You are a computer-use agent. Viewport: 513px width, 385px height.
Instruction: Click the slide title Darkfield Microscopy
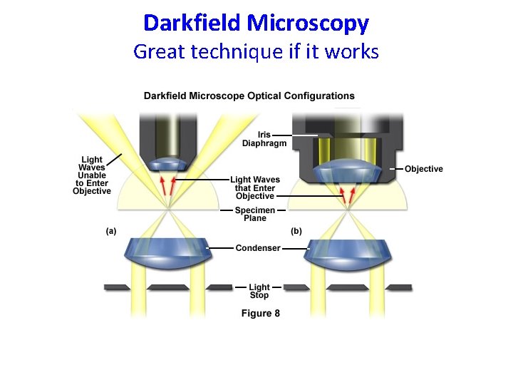click(256, 23)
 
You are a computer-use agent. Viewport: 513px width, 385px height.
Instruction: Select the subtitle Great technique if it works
click(256, 51)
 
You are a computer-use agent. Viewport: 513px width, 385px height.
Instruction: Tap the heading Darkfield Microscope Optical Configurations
click(249, 96)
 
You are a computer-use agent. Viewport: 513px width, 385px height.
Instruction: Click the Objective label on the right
click(423, 169)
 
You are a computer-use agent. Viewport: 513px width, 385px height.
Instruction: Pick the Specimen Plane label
click(254, 214)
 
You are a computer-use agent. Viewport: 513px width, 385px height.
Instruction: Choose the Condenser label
click(258, 248)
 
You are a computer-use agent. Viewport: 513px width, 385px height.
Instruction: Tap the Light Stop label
click(259, 292)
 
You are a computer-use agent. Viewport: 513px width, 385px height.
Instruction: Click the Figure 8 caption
click(261, 314)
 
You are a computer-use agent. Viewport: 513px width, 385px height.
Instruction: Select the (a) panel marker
click(111, 231)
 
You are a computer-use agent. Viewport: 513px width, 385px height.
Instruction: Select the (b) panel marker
click(296, 231)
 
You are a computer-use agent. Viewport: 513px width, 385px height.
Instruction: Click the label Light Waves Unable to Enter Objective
click(92, 175)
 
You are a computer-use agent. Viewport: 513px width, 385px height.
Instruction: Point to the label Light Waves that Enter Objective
click(256, 188)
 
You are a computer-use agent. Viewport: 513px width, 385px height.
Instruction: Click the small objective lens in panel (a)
click(168, 164)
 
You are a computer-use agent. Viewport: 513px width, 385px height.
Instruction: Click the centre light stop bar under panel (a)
click(169, 287)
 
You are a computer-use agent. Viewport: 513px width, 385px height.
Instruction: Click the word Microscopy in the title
click(308, 23)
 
